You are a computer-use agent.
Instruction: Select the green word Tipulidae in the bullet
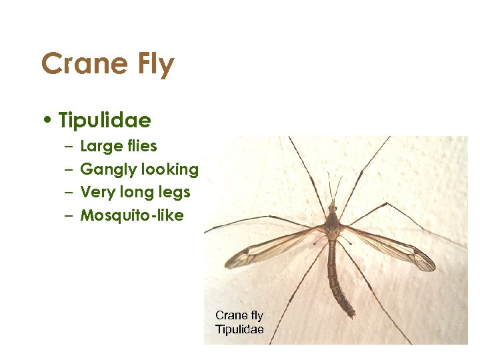[105, 121]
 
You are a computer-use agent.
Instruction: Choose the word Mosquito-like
[132, 215]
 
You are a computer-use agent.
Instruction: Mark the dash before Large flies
[69, 147]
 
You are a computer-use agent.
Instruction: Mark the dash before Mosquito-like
[69, 215]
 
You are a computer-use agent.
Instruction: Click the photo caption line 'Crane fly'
[239, 315]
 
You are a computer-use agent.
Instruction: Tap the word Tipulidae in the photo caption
[239, 329]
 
